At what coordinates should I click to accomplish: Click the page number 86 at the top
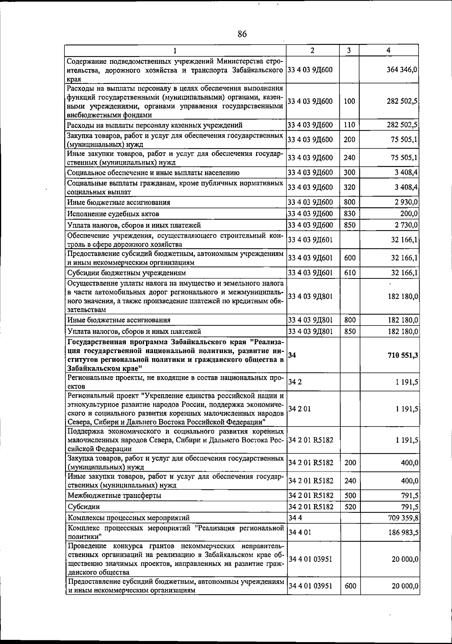242,34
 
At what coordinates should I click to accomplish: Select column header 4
388,50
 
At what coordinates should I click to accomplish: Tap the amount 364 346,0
402,70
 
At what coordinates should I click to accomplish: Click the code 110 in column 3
350,125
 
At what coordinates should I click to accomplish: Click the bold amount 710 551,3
403,355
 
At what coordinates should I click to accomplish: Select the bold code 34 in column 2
292,355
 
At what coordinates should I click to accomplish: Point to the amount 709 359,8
403,518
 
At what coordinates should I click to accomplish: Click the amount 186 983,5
403,532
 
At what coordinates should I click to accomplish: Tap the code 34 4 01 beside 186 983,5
300,532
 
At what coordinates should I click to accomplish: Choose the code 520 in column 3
350,507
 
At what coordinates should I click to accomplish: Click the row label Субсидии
84,507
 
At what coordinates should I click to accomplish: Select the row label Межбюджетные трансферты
114,495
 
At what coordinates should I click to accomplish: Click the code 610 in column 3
350,273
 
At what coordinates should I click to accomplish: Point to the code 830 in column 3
350,214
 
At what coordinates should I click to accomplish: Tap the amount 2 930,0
406,202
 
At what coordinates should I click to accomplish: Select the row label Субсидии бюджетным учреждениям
126,273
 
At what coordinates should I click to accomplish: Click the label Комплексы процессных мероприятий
128,518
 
